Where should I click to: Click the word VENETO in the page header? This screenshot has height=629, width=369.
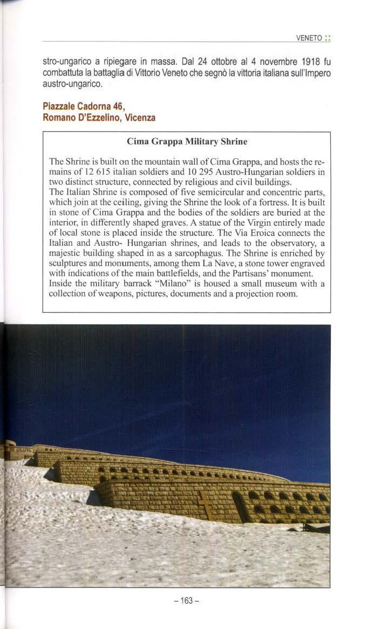point(309,38)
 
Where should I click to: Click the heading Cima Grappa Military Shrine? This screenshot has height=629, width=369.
point(187,141)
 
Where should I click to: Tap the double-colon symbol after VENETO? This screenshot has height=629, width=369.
point(327,38)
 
